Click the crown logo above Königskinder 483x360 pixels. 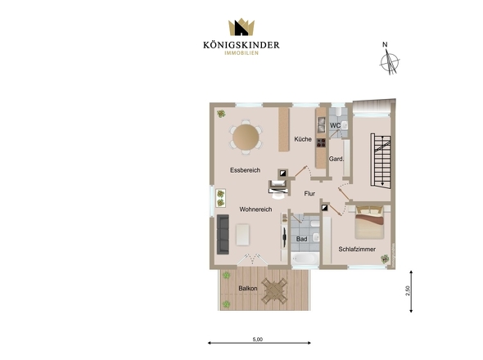(241, 27)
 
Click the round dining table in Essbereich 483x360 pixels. (246, 137)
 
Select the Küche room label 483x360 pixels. (303, 139)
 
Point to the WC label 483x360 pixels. (335, 126)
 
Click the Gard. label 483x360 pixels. (336, 159)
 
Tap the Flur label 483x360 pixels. (309, 193)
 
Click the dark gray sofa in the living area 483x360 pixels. (223, 234)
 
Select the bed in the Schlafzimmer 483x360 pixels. (369, 223)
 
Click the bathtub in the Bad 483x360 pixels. (305, 259)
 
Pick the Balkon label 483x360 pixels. (248, 289)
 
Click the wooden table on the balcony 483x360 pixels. (274, 290)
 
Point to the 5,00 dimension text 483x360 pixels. (258, 340)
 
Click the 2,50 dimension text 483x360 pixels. (408, 290)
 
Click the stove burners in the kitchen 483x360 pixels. (321, 142)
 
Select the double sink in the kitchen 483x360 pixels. (321, 125)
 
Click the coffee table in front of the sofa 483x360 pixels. (243, 235)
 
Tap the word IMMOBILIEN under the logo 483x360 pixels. (241, 53)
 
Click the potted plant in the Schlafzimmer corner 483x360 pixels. (385, 259)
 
